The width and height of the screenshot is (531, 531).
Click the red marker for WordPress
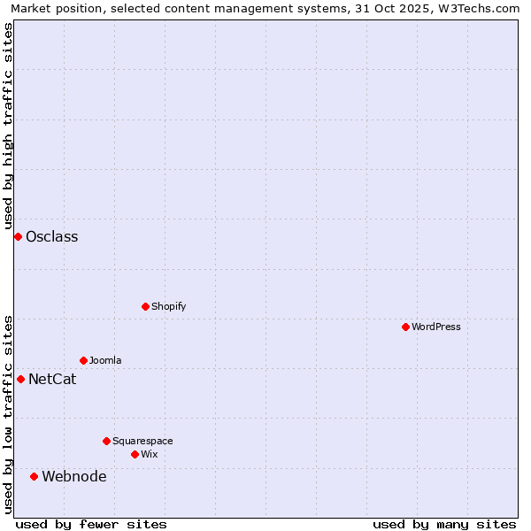pos(405,327)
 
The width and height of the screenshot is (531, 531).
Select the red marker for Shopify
pos(145,306)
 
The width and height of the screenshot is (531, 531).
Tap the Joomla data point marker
pos(83,360)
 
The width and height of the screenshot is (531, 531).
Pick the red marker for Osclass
pos(18,236)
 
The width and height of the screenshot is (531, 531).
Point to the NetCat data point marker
pos(20,379)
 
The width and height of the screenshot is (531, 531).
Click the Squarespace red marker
pos(106,441)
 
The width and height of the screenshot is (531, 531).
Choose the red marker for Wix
pos(135,454)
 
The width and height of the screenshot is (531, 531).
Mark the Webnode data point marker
pos(34,476)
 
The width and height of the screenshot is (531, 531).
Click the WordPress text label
pos(436,327)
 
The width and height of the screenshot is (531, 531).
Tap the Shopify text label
pos(168,306)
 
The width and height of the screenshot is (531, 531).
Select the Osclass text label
pos(52,236)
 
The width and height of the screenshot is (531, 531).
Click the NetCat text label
pos(52,379)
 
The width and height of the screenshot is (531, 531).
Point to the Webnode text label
pos(74,476)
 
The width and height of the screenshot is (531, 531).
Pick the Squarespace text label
pos(142,441)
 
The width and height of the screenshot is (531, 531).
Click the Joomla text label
pos(105,360)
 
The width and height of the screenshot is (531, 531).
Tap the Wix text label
pos(149,454)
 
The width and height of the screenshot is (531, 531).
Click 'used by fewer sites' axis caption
pos(91,524)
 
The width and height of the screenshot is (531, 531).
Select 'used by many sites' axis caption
pos(444,524)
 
